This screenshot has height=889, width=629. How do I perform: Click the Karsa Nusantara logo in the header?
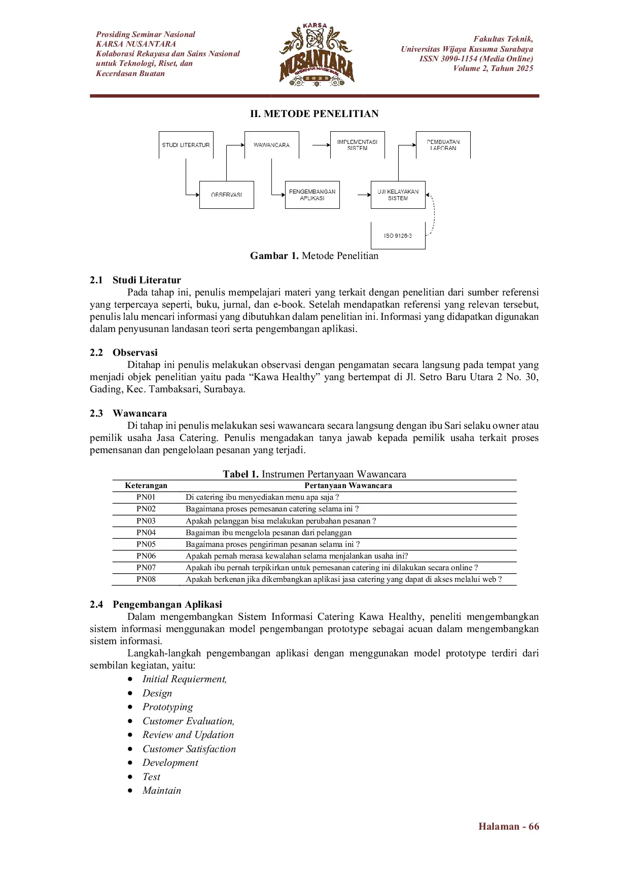coord(317,55)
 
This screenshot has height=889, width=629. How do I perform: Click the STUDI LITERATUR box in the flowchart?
coord(186,145)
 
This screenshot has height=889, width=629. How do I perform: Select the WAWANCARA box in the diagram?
coord(271,145)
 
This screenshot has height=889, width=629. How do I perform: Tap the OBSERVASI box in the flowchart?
coord(226,195)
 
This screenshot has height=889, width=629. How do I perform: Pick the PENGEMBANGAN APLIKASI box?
coord(312,195)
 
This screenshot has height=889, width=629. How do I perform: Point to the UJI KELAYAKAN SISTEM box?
coord(398,195)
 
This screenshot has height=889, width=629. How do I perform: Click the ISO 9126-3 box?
coord(398,236)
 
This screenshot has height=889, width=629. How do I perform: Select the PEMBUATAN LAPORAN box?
coord(443,145)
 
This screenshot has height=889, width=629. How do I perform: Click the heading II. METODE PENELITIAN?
coord(314,114)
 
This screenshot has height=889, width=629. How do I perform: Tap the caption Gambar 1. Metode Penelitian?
coord(314,256)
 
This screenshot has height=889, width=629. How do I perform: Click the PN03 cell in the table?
coord(146,521)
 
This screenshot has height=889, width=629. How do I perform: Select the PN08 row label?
coord(146,579)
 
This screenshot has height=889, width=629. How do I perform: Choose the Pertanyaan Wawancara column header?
coord(348,486)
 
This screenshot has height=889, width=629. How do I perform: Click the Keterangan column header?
coord(146,486)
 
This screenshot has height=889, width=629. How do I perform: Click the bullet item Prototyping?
coord(167,707)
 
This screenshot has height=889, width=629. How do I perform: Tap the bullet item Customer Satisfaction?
coord(189,749)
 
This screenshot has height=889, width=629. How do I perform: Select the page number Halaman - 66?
coord(508,827)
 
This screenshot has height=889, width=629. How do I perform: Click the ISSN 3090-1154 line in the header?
coord(476,59)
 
